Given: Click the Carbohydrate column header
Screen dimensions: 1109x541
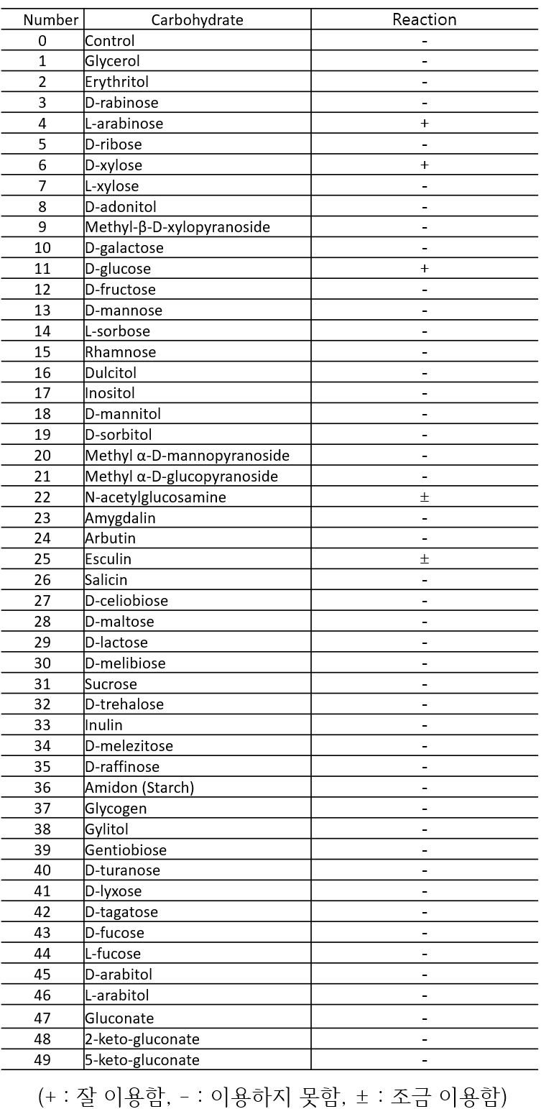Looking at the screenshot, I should [x=198, y=19].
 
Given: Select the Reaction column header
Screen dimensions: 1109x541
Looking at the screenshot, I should [x=425, y=19].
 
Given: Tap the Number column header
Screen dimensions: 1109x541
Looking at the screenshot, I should [x=42, y=20].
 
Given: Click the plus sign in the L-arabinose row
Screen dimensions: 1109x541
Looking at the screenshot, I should [x=425, y=124].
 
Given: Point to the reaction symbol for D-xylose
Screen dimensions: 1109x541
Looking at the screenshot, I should [x=425, y=165].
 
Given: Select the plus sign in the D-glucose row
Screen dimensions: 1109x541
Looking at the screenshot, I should [x=425, y=269].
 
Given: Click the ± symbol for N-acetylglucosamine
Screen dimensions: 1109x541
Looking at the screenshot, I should [x=425, y=497].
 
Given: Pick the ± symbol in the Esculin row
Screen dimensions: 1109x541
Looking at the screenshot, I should [x=425, y=559].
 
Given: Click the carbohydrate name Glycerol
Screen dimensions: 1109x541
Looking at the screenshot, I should [x=113, y=61].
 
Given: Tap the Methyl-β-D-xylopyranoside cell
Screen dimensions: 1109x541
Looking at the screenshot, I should [x=177, y=227].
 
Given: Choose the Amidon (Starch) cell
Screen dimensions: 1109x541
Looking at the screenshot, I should [x=139, y=788].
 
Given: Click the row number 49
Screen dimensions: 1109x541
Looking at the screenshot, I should [x=42, y=1060].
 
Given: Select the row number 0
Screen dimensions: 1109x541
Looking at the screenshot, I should [x=42, y=41].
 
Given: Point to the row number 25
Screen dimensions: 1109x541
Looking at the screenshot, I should [x=42, y=559].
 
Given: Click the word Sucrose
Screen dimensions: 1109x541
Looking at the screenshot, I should [x=111, y=684].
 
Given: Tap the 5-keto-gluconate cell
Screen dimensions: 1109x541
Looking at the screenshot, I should [x=142, y=1060].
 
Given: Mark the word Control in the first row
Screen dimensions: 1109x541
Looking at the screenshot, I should [x=110, y=41].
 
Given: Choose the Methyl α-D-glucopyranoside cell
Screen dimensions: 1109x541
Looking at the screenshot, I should [x=182, y=477].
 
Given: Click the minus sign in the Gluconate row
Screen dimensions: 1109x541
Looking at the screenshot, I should [x=425, y=1018].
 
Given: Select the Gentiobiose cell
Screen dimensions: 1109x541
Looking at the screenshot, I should [x=126, y=850].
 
